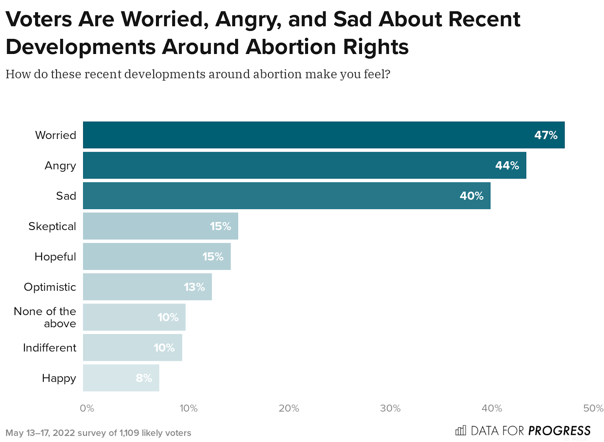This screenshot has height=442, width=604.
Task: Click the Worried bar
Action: pyautogui.click(x=324, y=135)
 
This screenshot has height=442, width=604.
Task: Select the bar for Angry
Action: pyautogui.click(x=304, y=165)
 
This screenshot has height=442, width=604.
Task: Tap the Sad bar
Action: pyautogui.click(x=287, y=196)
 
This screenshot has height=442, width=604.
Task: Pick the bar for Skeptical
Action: pyautogui.click(x=160, y=226)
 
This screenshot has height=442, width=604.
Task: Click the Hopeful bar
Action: pyautogui.click(x=157, y=256)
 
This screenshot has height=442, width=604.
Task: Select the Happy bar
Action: pyautogui.click(x=121, y=378)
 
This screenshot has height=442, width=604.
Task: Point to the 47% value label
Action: pyautogui.click(x=546, y=135)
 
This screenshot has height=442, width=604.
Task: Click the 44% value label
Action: pyautogui.click(x=507, y=165)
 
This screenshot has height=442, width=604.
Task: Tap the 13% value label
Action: pyautogui.click(x=194, y=287)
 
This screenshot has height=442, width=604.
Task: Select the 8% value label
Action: pyautogui.click(x=144, y=378)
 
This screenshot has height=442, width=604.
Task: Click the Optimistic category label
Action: pyautogui.click(x=50, y=287)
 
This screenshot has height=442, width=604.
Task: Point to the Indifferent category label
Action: pyautogui.click(x=49, y=348)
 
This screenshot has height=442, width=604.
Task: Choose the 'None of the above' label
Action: pyautogui.click(x=45, y=317)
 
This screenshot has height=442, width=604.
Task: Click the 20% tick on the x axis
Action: pyautogui.click(x=289, y=408)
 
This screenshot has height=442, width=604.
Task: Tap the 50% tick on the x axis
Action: pyautogui.click(x=593, y=408)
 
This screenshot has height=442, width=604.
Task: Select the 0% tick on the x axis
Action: pyautogui.click(x=87, y=408)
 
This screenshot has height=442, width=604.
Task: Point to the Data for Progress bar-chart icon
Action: pyautogui.click(x=461, y=430)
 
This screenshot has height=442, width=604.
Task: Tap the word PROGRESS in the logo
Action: pyautogui.click(x=559, y=431)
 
